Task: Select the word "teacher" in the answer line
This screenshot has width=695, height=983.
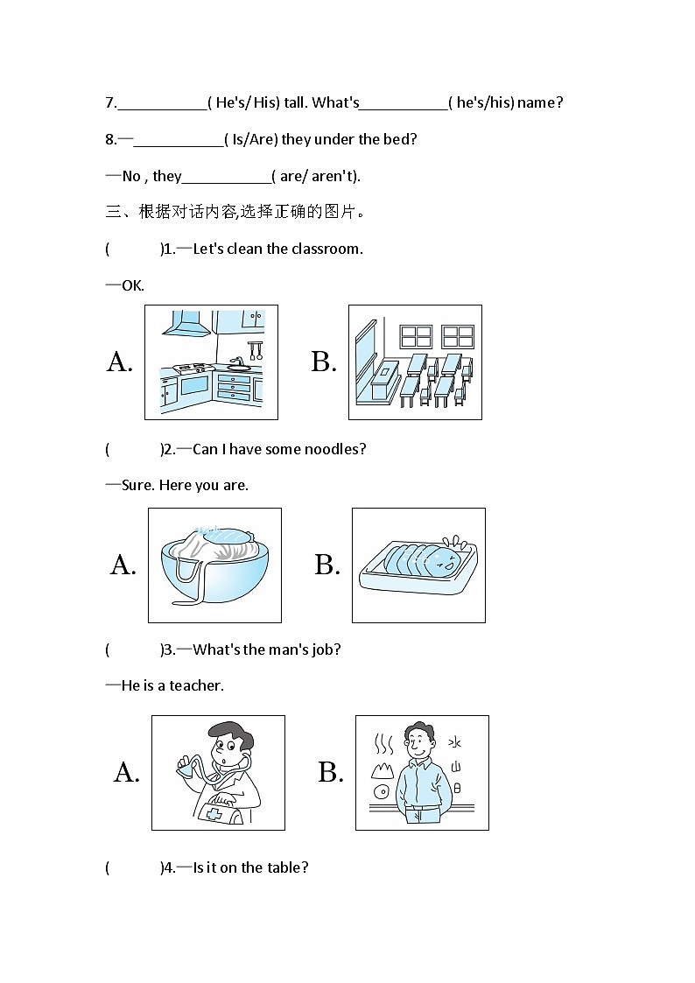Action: click(196, 685)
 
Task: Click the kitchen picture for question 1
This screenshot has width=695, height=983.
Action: click(211, 362)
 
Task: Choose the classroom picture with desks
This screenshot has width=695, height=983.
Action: click(415, 362)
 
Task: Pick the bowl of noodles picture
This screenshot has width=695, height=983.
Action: click(214, 565)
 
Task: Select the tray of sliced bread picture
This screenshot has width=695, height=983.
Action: click(418, 565)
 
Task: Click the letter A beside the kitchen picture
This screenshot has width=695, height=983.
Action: click(120, 362)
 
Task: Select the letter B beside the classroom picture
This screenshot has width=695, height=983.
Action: click(324, 362)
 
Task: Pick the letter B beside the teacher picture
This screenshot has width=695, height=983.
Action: click(330, 772)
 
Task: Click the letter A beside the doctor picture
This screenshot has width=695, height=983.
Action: click(126, 772)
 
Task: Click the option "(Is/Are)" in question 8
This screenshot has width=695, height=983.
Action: click(250, 139)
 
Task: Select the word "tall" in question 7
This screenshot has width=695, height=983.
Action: click(295, 102)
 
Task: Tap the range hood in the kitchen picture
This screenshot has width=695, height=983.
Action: click(187, 326)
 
